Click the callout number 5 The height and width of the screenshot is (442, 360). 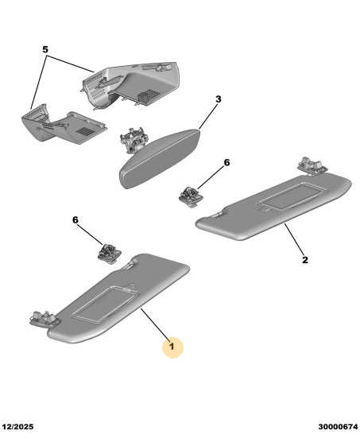[x=45, y=49]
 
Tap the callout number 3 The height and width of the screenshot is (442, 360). [x=219, y=99]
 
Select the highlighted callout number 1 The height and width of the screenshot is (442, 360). [x=172, y=346]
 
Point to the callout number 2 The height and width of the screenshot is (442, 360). [x=305, y=260]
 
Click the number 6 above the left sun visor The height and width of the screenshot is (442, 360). [x=75, y=220]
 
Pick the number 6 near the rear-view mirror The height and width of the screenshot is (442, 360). [x=226, y=163]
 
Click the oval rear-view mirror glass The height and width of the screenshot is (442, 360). [x=160, y=159]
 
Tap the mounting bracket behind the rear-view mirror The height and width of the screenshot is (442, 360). [x=134, y=139]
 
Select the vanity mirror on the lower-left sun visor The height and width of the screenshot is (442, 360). [x=106, y=304]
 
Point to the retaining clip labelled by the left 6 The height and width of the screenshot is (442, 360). [x=110, y=253]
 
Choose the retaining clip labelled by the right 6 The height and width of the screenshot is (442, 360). [x=191, y=197]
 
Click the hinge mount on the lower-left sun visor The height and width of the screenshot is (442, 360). [x=44, y=319]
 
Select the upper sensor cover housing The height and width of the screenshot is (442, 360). [x=130, y=84]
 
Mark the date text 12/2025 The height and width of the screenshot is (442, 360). [x=17, y=426]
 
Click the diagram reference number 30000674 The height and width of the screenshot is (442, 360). [x=338, y=426]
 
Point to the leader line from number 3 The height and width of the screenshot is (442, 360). [x=208, y=116]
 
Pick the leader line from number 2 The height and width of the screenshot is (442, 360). [x=294, y=238]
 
